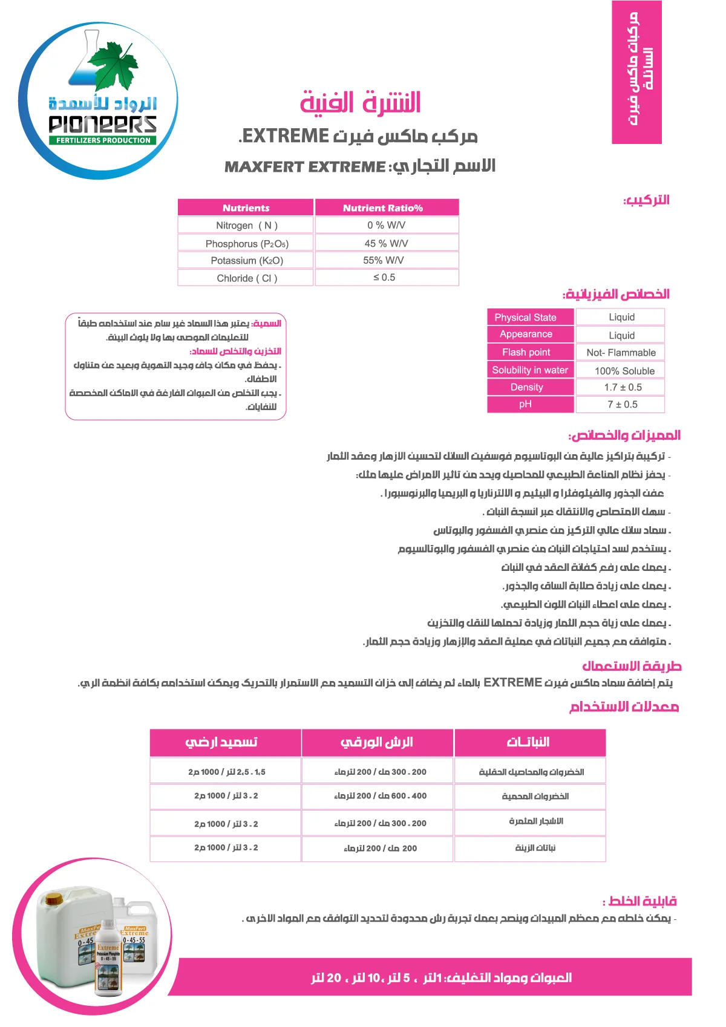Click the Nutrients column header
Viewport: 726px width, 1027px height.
pyautogui.click(x=246, y=208)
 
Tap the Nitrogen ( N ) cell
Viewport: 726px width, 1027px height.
pyautogui.click(x=246, y=226)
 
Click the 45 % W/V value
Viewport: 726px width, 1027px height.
pyautogui.click(x=386, y=243)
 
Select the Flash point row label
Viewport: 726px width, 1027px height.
pyautogui.click(x=526, y=352)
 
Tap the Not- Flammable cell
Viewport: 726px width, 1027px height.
pyautogui.click(x=621, y=353)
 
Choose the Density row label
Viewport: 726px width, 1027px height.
pyautogui.click(x=526, y=387)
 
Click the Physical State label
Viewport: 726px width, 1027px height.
pyautogui.click(x=525, y=318)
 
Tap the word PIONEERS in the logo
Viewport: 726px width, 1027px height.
pyautogui.click(x=103, y=124)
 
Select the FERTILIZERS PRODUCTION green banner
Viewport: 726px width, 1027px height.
pyautogui.click(x=103, y=140)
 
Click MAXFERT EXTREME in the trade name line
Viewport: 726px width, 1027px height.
pyautogui.click(x=305, y=167)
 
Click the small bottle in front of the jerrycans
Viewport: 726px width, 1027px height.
pyautogui.click(x=108, y=959)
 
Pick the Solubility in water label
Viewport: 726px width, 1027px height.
pyautogui.click(x=530, y=370)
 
